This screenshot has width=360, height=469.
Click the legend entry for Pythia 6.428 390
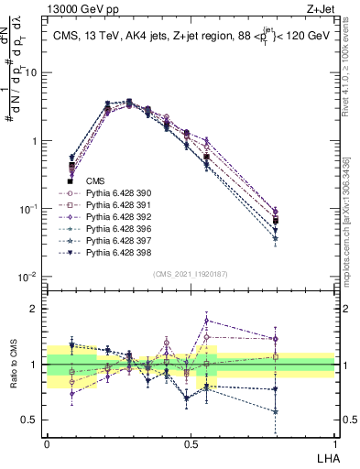115,193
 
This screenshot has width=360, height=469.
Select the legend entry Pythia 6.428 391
115,205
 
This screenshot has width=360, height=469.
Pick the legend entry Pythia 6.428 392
115,217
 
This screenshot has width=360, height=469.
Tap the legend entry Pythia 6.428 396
115,229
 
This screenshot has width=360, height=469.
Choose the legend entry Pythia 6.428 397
115,241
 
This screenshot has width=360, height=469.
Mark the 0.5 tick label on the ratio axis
32,421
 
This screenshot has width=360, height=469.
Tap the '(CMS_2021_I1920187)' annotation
190,274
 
